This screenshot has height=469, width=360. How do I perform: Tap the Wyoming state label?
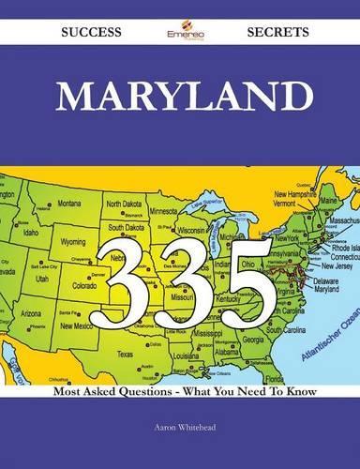[72, 240]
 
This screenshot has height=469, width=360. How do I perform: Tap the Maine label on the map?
[328, 200]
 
